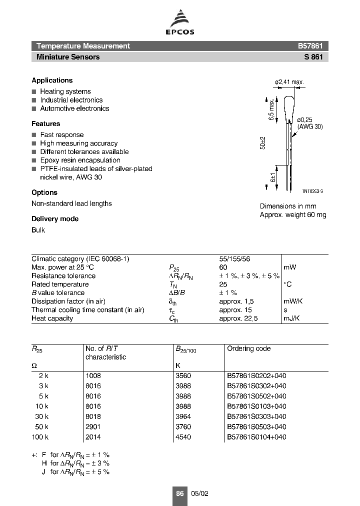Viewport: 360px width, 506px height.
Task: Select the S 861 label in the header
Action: click(x=313, y=57)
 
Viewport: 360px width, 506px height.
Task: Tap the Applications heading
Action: click(x=52, y=80)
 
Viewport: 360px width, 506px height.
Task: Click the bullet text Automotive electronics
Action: click(x=74, y=108)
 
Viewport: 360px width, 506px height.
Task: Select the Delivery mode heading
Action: click(x=55, y=219)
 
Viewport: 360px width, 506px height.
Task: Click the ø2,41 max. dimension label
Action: click(x=289, y=82)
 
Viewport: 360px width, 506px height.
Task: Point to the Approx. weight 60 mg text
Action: click(x=292, y=215)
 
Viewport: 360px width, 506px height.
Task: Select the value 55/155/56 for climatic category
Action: click(x=234, y=259)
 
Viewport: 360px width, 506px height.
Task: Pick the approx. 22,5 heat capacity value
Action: click(x=238, y=318)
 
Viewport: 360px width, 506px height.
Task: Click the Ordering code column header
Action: click(x=248, y=348)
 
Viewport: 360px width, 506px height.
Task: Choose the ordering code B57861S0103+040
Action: click(x=256, y=406)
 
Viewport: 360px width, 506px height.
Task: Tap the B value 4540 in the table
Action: click(x=183, y=437)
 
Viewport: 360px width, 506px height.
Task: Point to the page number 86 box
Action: click(x=180, y=493)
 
